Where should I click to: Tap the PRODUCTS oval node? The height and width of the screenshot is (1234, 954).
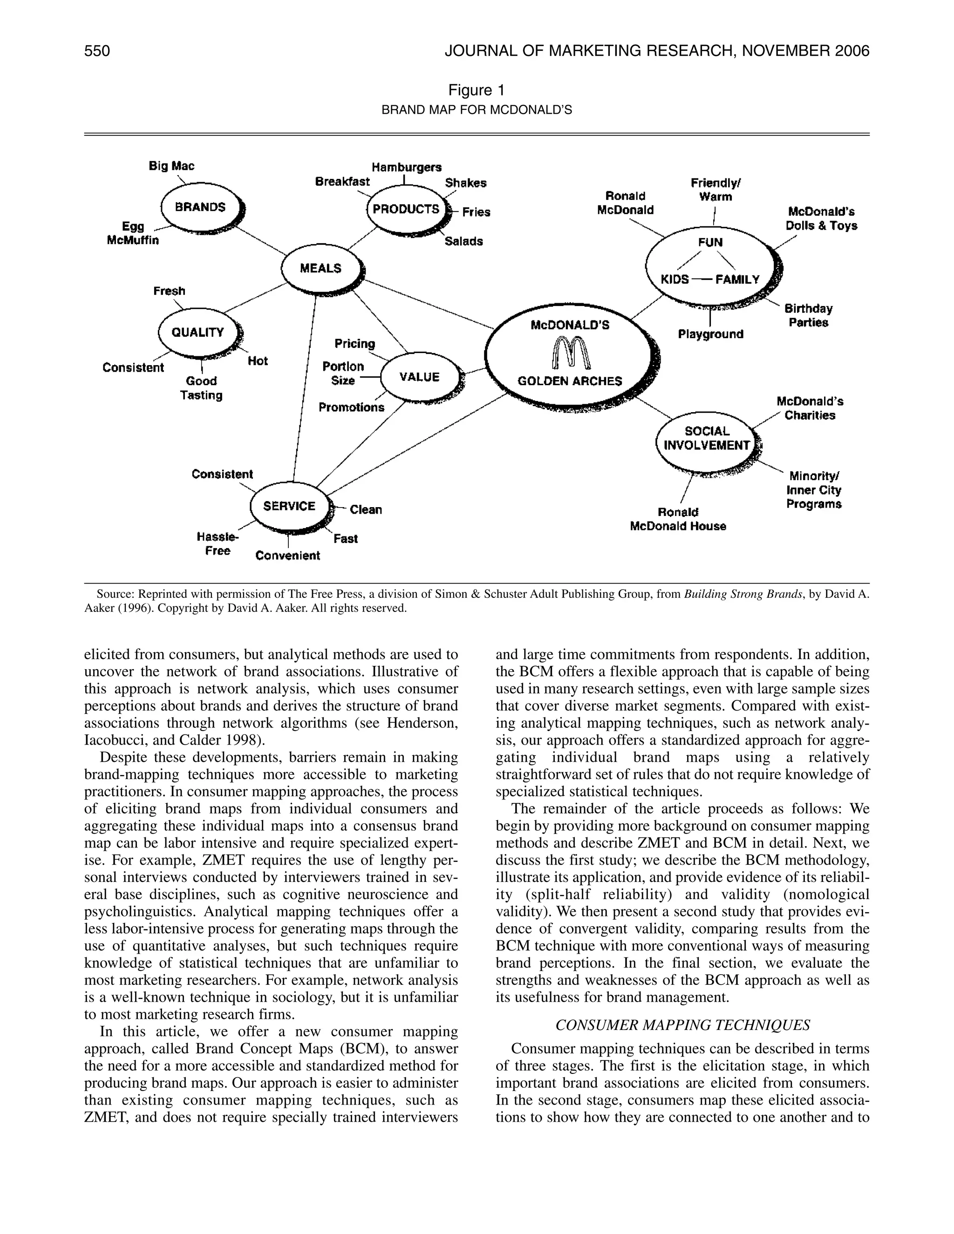tap(406, 210)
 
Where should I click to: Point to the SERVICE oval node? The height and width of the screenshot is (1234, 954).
tap(289, 506)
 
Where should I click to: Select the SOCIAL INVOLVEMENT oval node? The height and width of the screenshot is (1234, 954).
tap(707, 439)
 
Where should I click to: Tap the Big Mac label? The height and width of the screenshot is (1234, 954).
tap(171, 166)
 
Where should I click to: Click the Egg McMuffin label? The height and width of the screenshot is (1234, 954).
tap(133, 233)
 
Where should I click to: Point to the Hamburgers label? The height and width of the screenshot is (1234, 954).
tap(406, 167)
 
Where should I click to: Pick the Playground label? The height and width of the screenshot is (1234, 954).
tap(710, 334)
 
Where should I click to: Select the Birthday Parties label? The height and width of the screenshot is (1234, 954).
tap(808, 316)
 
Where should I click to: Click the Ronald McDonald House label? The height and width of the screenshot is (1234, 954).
tap(678, 519)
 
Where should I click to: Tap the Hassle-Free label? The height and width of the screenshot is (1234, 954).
tap(218, 543)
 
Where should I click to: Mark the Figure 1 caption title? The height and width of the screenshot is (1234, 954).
tap(476, 90)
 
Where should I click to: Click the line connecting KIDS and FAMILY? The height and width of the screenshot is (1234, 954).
tap(702, 279)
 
